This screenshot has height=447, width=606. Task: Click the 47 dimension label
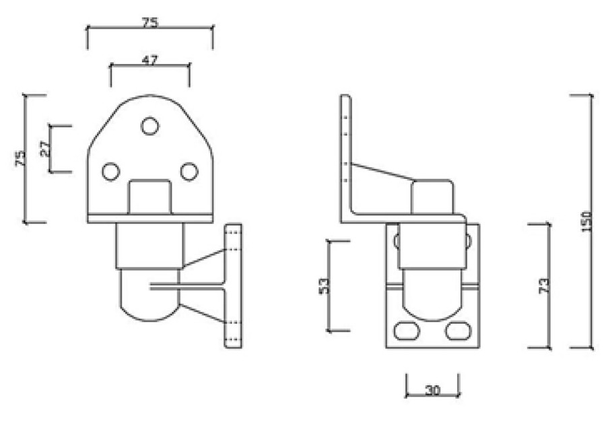point(149,60)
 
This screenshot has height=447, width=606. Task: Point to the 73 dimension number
point(544,285)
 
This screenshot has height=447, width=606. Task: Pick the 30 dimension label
point(432,390)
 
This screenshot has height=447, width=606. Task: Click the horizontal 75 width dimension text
point(149,22)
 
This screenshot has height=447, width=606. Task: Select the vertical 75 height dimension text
point(20,158)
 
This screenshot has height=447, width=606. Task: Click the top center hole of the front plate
point(149,126)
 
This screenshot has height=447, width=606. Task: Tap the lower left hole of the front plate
point(111,172)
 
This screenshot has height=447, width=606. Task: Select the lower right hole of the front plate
point(189,172)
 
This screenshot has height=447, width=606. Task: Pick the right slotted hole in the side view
point(458,331)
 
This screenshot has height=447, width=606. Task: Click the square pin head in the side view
point(432,195)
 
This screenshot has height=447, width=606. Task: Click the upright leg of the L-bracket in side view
point(345,155)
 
